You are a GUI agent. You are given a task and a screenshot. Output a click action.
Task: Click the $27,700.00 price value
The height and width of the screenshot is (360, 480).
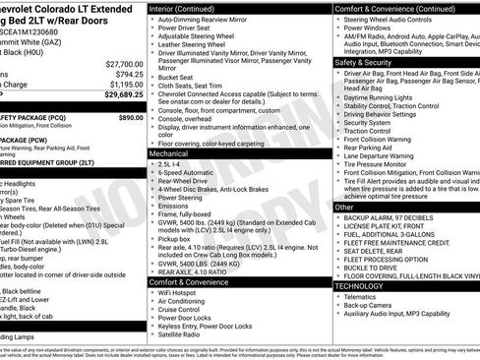pos(119,62)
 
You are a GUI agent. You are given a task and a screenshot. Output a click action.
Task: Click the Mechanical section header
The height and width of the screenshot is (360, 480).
pos(174,154)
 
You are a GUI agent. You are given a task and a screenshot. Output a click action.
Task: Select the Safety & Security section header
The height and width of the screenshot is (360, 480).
pos(365,62)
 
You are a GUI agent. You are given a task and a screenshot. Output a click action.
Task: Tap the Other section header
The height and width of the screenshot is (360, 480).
pos(344,208)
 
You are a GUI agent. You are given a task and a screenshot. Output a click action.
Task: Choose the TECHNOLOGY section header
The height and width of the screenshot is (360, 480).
pos(359,286)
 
